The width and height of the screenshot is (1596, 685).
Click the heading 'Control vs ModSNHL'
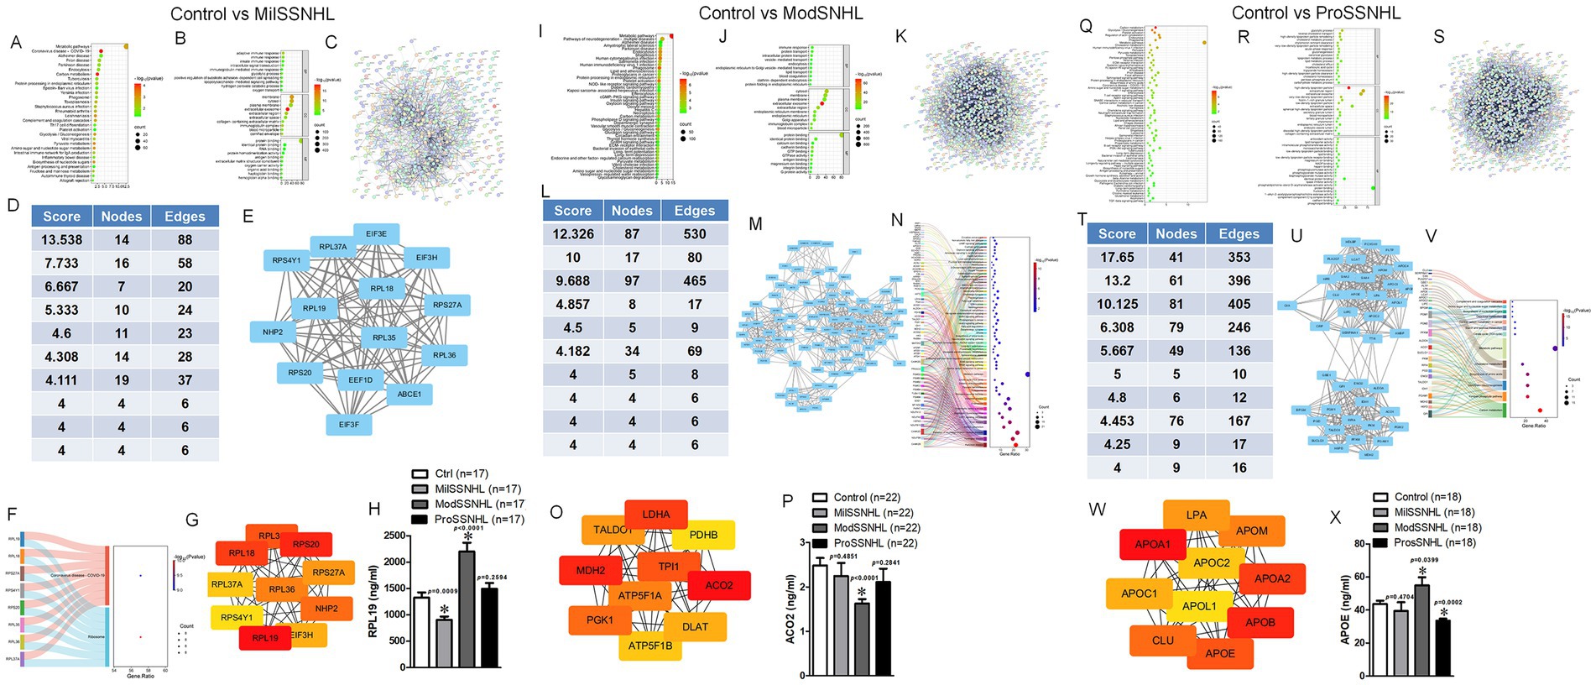click(780, 13)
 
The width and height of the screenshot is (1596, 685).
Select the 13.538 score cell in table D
click(62, 240)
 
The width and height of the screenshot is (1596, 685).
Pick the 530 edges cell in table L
click(694, 234)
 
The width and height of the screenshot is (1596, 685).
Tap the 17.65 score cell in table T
click(1117, 258)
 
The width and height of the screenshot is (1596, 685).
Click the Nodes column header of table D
click(122, 217)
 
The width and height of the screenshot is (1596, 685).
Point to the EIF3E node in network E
click(376, 234)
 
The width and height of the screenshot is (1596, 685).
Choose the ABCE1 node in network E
click(409, 394)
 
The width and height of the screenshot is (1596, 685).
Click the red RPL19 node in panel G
click(265, 638)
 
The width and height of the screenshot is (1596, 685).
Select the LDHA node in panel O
click(656, 515)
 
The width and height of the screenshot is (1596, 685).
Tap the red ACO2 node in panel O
click(719, 585)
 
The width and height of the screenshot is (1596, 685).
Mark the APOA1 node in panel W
click(1152, 544)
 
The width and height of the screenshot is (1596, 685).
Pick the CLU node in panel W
click(1163, 641)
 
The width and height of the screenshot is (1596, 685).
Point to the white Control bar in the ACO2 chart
click(819, 620)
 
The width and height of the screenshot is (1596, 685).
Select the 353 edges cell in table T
click(1239, 258)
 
